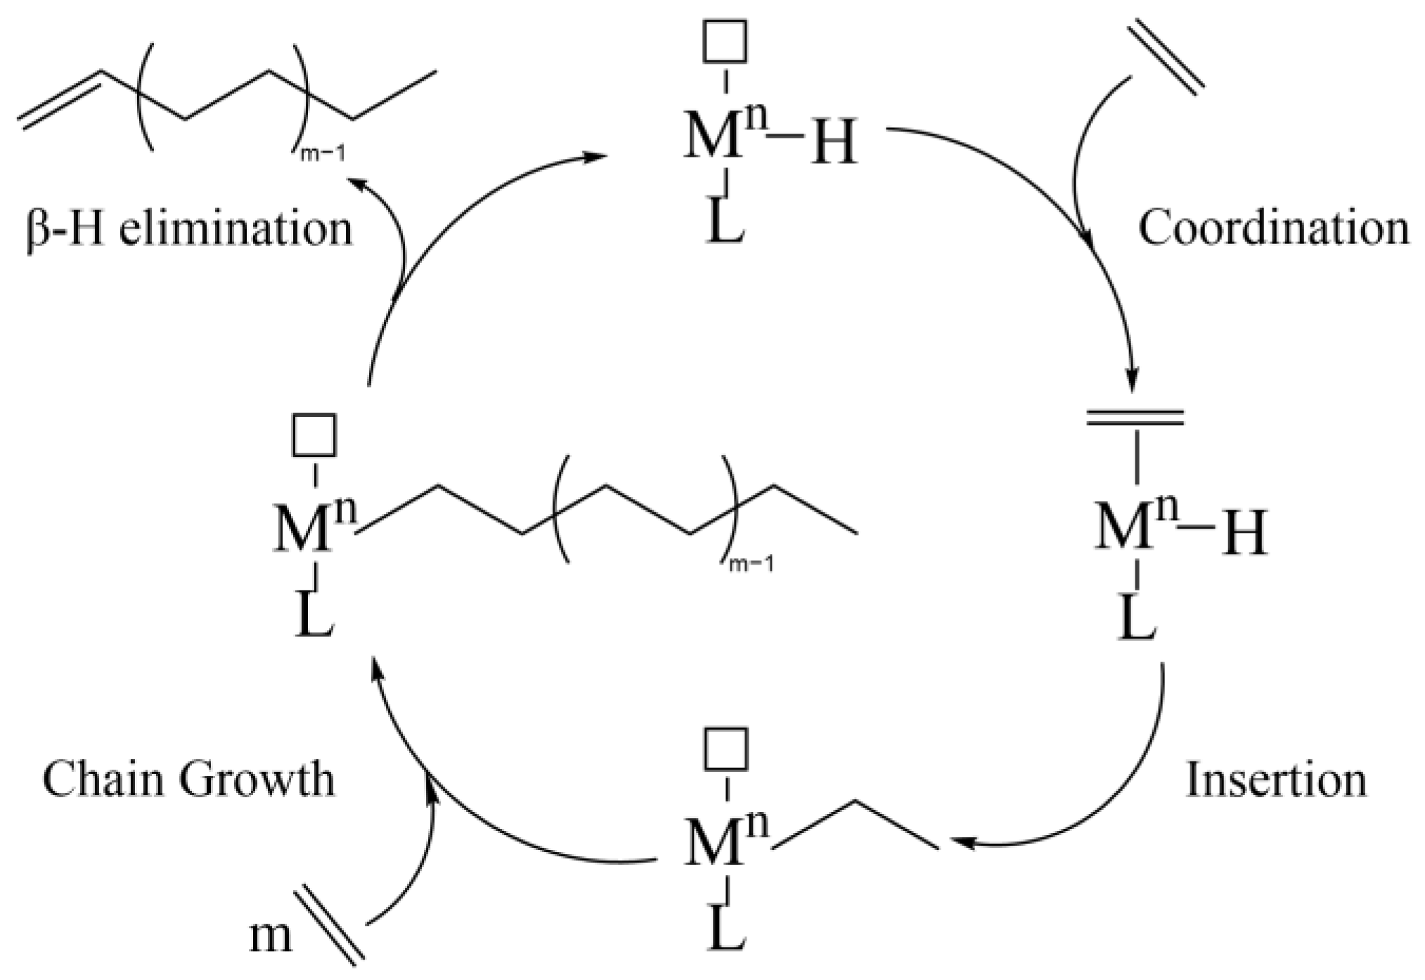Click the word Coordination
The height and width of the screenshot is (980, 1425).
1273,228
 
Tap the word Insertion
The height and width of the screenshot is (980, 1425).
1276,780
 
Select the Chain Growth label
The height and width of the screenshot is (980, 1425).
188,780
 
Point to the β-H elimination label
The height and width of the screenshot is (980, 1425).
188,228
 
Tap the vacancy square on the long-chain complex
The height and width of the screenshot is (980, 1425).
314,434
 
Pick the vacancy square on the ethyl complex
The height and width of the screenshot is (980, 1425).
726,749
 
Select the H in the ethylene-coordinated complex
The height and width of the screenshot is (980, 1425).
1245,534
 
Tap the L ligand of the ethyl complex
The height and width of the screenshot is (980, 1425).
726,931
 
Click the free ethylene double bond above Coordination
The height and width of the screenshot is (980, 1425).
1166,58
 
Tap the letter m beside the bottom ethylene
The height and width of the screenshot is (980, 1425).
270,936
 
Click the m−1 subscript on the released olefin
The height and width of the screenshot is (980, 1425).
323,154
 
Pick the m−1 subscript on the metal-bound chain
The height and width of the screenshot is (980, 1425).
752,565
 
